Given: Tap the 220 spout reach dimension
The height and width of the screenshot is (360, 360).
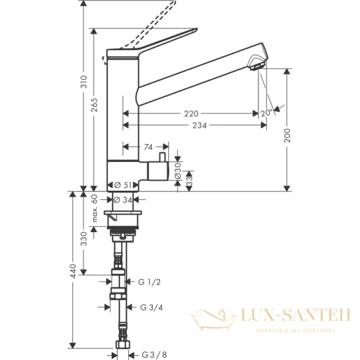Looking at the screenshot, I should click(x=191, y=113).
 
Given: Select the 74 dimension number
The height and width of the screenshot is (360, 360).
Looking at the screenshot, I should click(x=146, y=146).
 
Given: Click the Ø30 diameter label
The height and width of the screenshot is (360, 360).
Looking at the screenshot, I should click(x=178, y=171).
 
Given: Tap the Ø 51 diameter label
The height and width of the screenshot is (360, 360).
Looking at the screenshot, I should click(x=122, y=185).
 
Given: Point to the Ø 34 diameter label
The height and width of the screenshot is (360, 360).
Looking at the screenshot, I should click(x=122, y=199).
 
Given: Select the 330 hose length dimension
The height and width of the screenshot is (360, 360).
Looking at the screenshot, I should click(x=84, y=238).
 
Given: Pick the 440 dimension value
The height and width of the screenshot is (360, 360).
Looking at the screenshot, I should click(x=72, y=272).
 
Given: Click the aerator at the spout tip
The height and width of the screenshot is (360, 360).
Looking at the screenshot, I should click(x=257, y=64).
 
